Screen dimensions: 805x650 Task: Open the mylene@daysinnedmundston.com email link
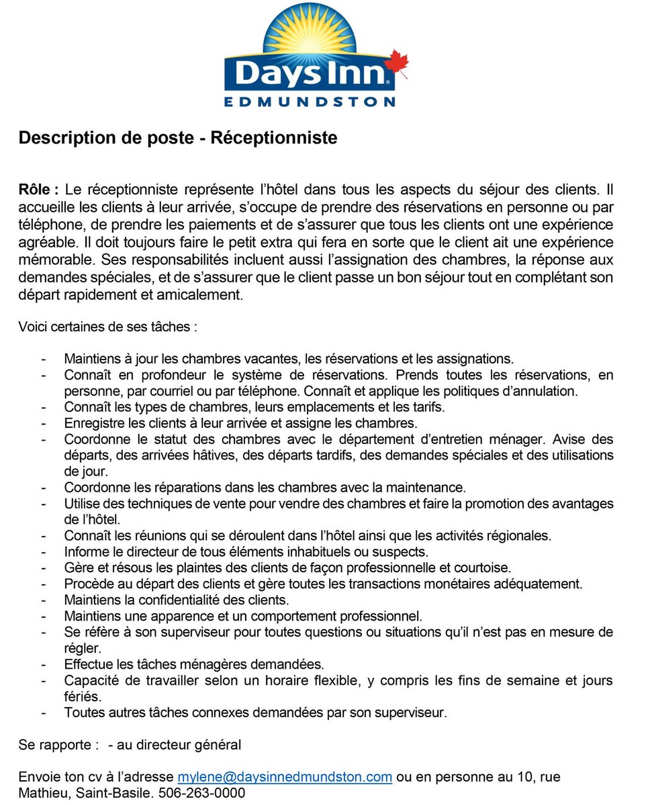pyautogui.click(x=285, y=777)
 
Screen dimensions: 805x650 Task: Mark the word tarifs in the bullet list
pyautogui.click(x=427, y=407)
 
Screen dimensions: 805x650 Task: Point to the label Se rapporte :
pyautogui.click(x=59, y=745)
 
